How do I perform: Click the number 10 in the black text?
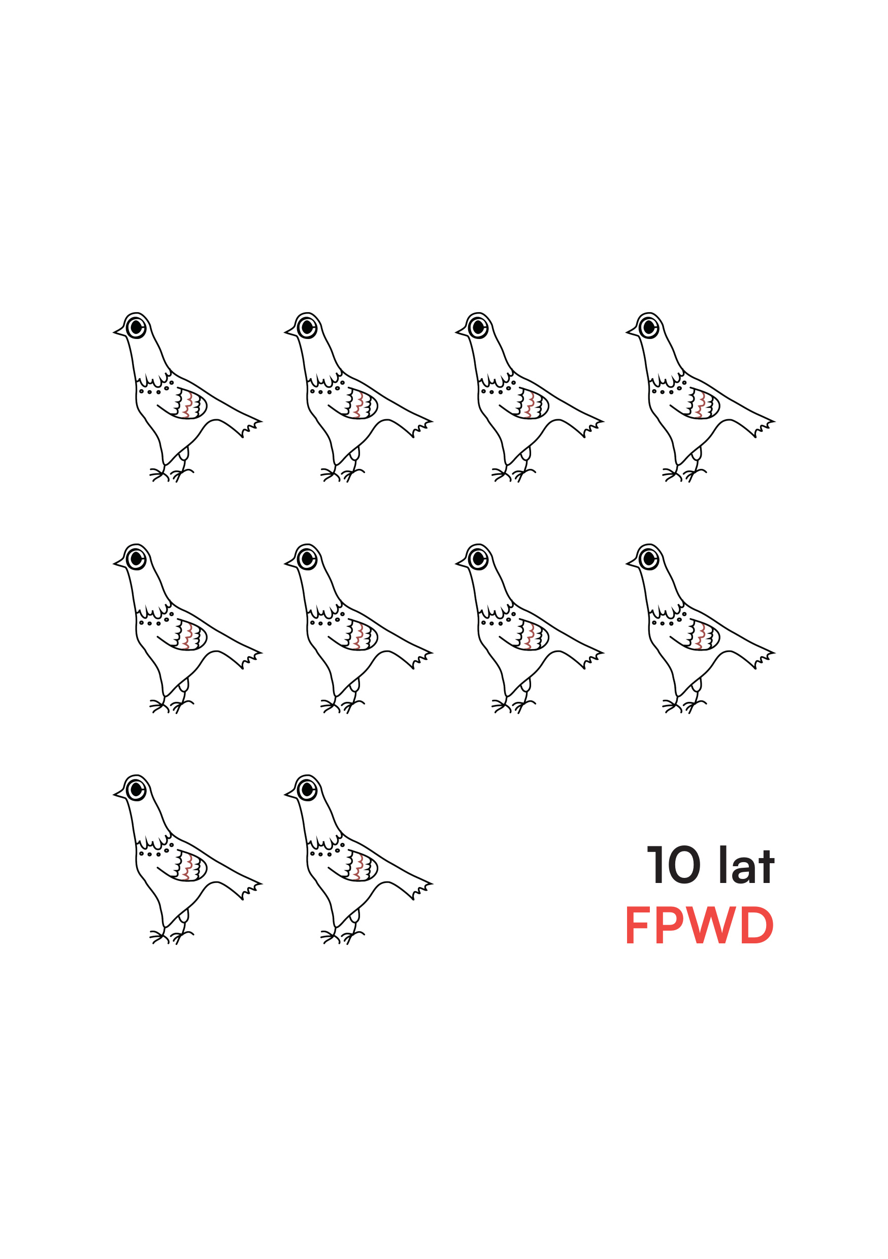pyautogui.click(x=674, y=865)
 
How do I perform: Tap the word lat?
pyautogui.click(x=746, y=864)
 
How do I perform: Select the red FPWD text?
pyautogui.click(x=699, y=925)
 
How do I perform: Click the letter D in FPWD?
pyautogui.click(x=757, y=925)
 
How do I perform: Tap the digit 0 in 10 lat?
pyautogui.click(x=683, y=865)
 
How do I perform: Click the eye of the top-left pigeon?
pyautogui.click(x=136, y=328)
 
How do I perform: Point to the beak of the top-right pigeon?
pyautogui.click(x=633, y=331)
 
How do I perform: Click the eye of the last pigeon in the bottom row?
pyautogui.click(x=307, y=790)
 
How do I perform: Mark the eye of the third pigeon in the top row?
pyautogui.click(x=478, y=328)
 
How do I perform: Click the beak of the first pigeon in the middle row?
pyautogui.click(x=120, y=563)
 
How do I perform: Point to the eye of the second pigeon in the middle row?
pyautogui.click(x=307, y=559)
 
